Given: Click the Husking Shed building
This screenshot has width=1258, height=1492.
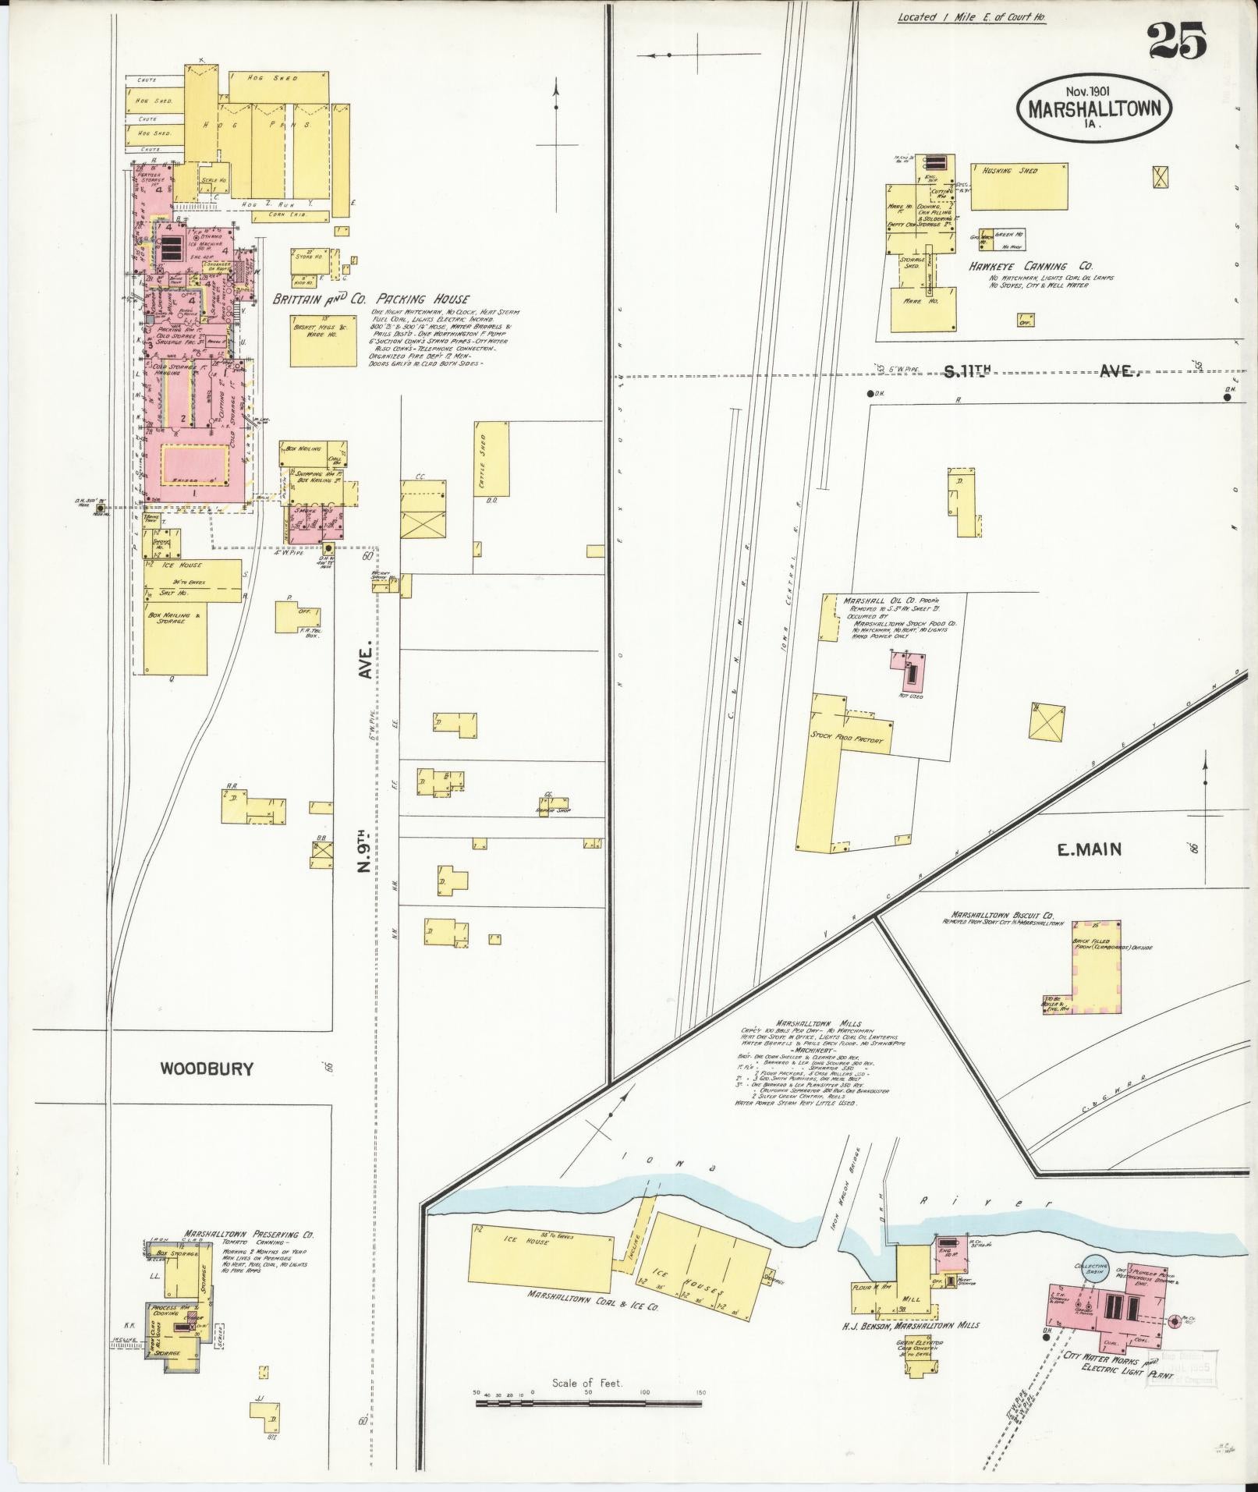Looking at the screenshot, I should [1019, 186].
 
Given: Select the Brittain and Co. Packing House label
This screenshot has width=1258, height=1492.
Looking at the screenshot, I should [370, 299].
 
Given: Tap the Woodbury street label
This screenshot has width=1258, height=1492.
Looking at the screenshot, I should [207, 1068].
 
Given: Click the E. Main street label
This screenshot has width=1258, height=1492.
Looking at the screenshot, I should [1089, 850].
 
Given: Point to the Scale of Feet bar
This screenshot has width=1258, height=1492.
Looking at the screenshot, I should [590, 1403].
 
